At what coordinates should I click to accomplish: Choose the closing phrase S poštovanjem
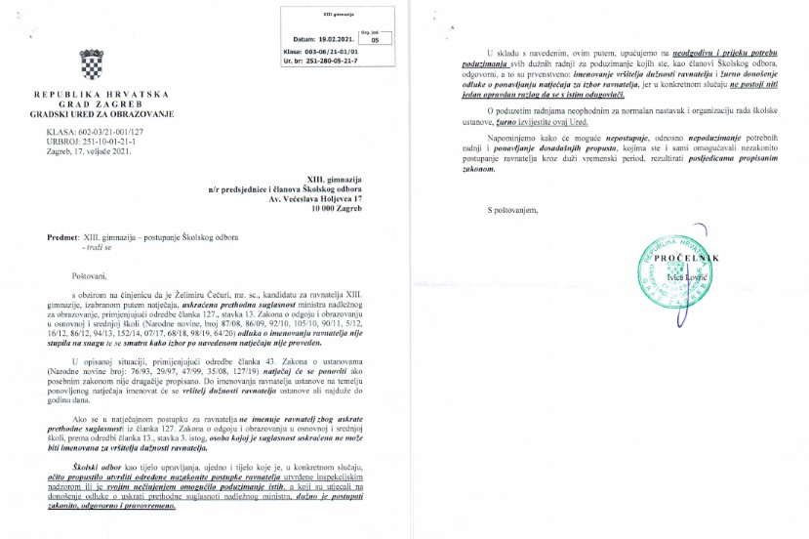point(510,211)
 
